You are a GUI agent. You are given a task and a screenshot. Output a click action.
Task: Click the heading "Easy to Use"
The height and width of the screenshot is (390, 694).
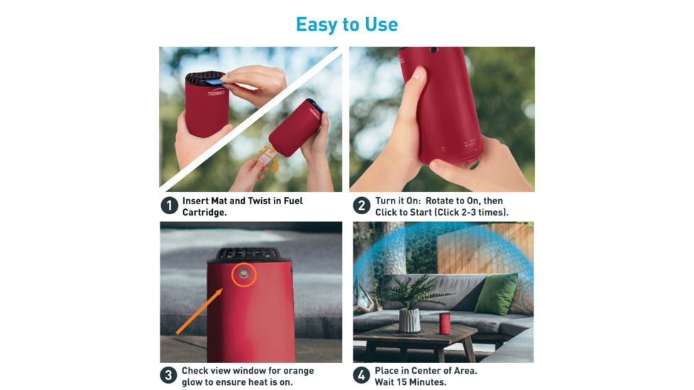point(346,24)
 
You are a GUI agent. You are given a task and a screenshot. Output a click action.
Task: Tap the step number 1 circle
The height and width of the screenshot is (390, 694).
point(169,206)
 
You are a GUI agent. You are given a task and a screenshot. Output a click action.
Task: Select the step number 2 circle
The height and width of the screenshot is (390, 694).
point(362,206)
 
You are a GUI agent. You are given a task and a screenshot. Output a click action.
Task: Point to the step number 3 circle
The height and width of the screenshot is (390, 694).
point(169,376)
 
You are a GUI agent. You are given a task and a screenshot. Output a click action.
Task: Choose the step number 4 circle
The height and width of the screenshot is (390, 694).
point(362,376)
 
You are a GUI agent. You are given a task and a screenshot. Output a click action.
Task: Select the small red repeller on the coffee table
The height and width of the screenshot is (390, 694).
point(445,323)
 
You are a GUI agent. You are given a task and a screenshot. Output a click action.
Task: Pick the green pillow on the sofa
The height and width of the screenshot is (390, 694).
point(496,294)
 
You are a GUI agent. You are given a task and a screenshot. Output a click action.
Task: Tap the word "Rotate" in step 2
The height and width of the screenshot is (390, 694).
point(441,201)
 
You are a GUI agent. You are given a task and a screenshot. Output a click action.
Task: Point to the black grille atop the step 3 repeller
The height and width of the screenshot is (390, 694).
point(248,254)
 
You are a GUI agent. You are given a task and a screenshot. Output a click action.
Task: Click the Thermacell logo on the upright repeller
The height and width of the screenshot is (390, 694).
point(216,92)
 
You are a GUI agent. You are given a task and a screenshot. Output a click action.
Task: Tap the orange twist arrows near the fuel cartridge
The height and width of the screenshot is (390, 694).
point(268,157)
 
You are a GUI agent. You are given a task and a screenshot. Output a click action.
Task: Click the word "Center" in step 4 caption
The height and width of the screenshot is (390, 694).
point(430,371)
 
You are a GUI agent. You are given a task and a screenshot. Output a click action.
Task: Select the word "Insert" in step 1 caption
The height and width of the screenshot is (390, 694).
point(196,201)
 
